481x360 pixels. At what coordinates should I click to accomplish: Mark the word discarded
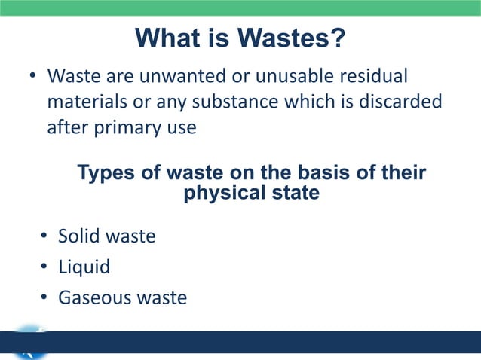point(401,102)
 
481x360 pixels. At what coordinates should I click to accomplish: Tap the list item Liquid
point(84,267)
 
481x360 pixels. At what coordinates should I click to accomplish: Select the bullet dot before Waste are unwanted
point(32,78)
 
